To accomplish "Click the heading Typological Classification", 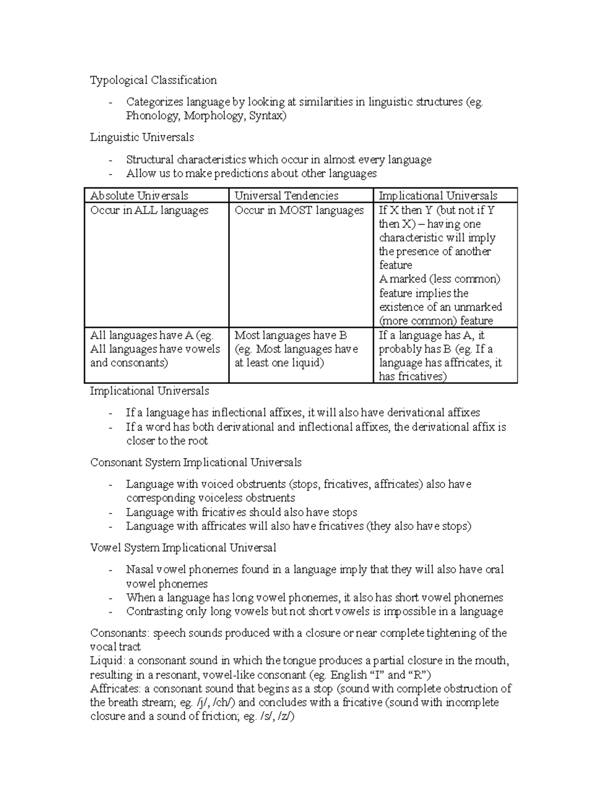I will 153,80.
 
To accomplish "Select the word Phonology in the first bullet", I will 152,116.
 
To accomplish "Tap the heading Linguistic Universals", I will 142,137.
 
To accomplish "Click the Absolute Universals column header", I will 139,196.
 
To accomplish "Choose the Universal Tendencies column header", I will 286,196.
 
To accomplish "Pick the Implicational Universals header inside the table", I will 437,196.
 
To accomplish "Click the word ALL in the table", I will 146,210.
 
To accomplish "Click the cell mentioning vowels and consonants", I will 155,350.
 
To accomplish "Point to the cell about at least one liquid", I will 296,350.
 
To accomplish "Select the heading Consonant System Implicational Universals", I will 195,462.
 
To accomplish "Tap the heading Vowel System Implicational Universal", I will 183,548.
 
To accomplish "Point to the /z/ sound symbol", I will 285,716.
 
